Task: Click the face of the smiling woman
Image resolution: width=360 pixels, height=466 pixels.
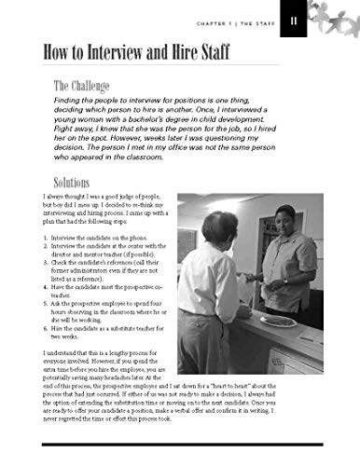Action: [x=284, y=222]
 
